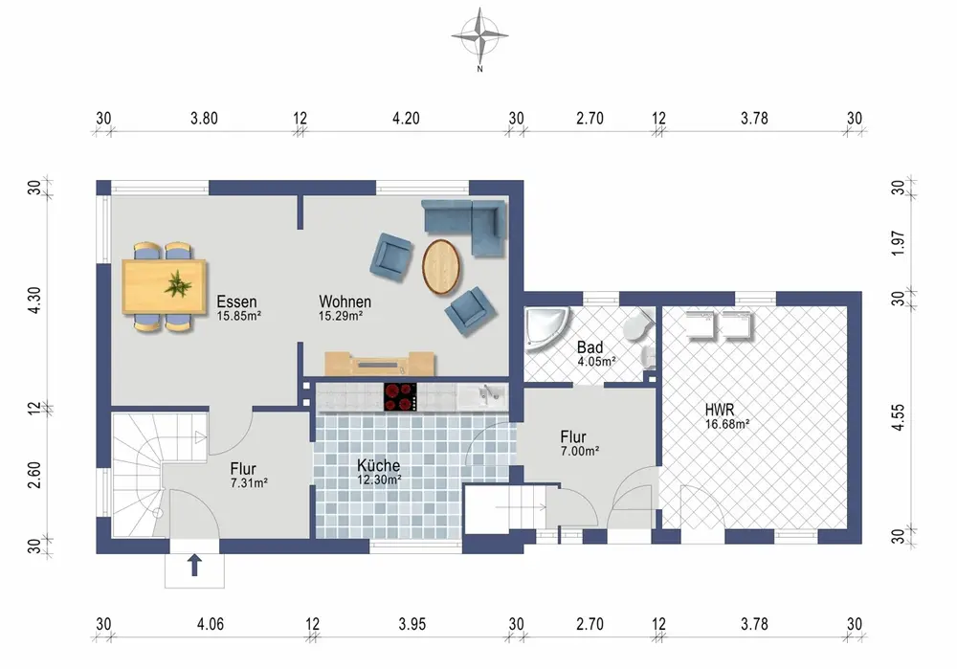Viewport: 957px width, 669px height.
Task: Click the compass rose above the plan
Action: [479, 36]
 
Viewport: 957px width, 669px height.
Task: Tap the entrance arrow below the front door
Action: [194, 566]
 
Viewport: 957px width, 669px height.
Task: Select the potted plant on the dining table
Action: [178, 284]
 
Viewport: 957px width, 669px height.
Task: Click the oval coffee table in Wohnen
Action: [440, 267]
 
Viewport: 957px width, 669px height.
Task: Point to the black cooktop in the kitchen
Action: [400, 397]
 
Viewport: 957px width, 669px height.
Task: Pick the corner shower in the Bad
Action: [546, 329]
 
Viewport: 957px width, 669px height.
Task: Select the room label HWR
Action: [720, 410]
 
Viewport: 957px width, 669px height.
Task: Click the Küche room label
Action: [378, 465]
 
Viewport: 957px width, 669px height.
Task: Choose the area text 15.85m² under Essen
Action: [239, 316]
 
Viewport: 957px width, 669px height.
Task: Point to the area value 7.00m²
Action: [580, 452]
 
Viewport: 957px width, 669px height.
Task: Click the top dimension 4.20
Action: [406, 119]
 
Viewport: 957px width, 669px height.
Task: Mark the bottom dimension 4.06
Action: [210, 624]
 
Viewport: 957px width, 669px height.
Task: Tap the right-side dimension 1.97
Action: [898, 243]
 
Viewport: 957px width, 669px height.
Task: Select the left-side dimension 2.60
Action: [34, 475]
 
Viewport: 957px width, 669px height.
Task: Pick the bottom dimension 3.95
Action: [412, 624]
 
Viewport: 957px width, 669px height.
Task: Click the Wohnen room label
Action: [345, 301]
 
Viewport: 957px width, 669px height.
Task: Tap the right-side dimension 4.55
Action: [898, 417]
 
